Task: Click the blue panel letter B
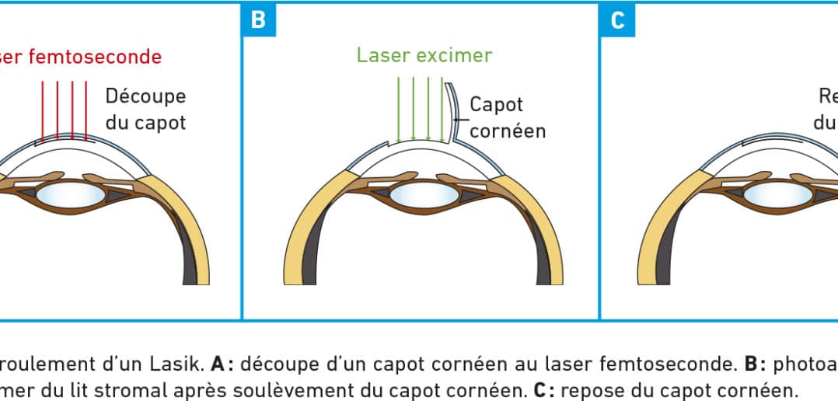[258, 19]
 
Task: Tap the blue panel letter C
[616, 19]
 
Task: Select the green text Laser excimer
[424, 55]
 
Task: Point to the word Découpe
[146, 96]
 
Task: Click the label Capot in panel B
[496, 104]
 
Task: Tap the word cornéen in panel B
[508, 130]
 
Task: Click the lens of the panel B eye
[423, 194]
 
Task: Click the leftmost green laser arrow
[398, 109]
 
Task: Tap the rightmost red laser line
[86, 109]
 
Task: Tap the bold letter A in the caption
[218, 363]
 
